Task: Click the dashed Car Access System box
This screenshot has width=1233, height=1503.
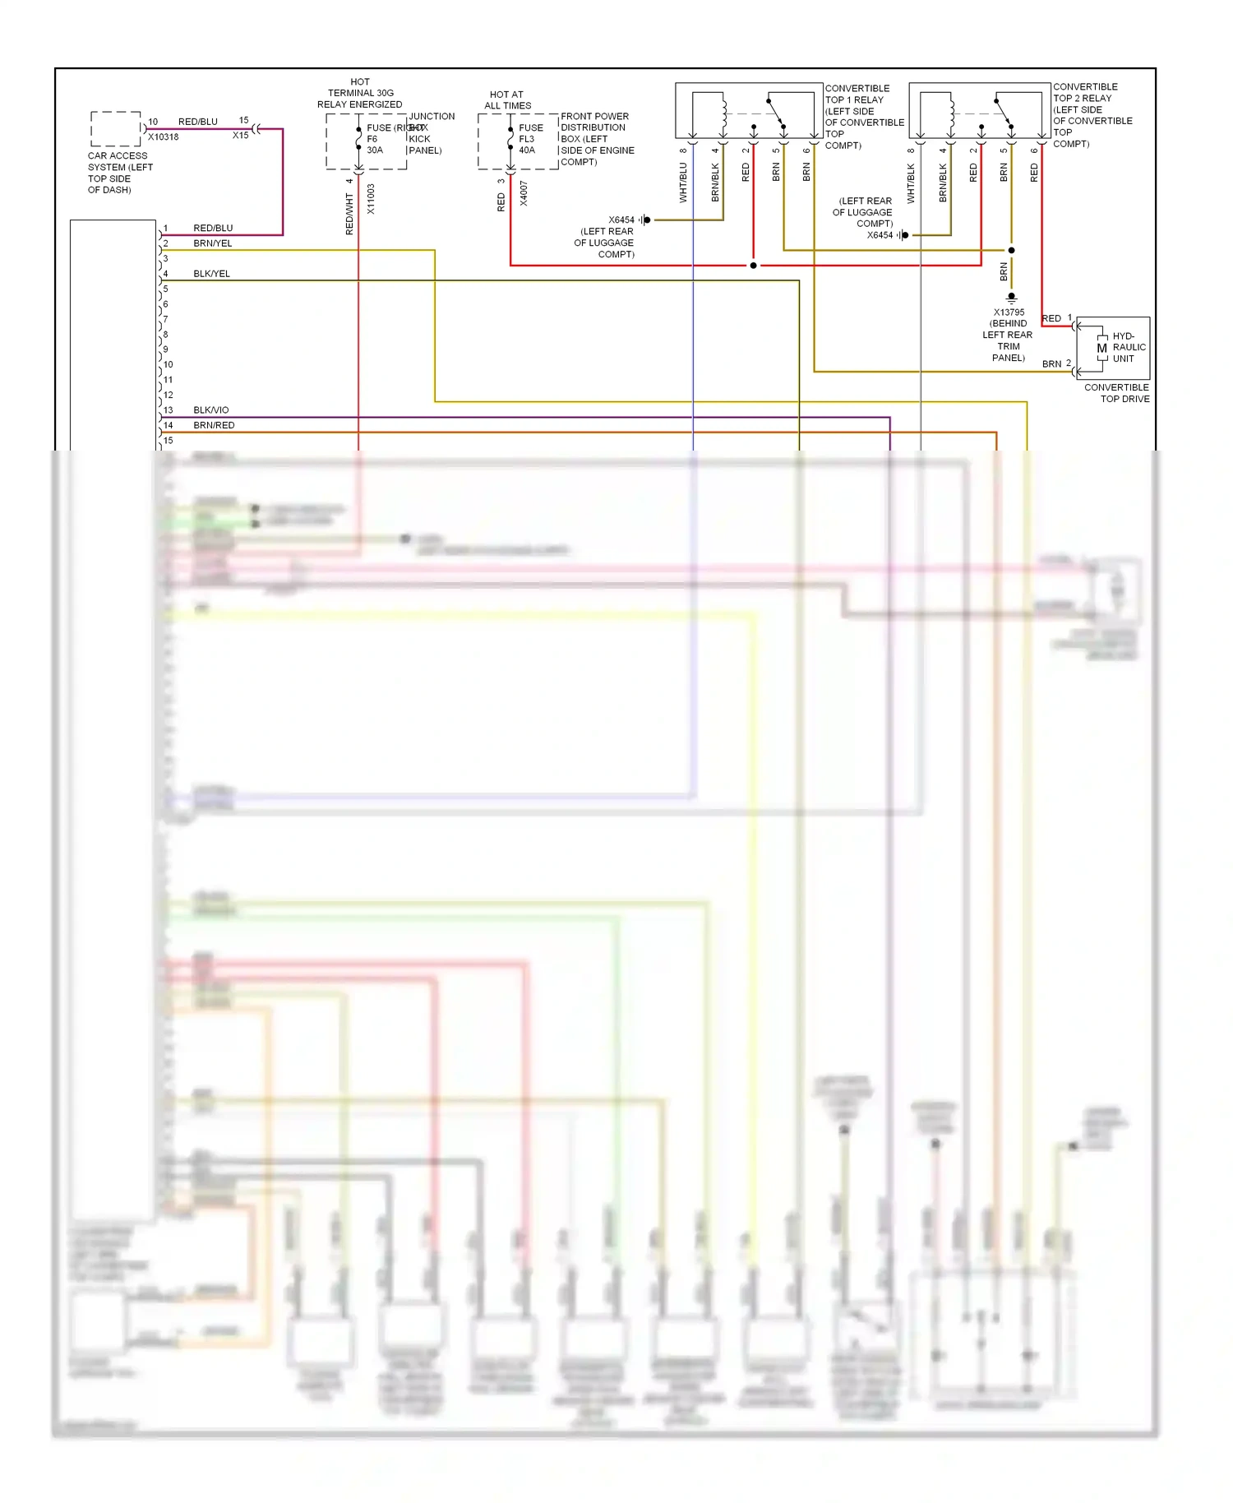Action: click(x=116, y=129)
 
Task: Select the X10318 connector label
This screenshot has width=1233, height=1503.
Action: click(x=164, y=137)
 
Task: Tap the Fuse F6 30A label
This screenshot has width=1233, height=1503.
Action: click(x=376, y=139)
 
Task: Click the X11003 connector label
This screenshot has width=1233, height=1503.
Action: click(x=371, y=199)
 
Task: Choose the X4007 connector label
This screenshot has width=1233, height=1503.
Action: click(x=524, y=194)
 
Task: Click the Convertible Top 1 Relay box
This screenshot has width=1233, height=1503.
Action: click(x=748, y=110)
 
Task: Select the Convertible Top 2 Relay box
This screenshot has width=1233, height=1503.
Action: click(x=979, y=110)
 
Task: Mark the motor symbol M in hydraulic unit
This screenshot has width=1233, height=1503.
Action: click(x=1101, y=348)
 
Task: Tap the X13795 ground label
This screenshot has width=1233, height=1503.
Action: click(x=1009, y=312)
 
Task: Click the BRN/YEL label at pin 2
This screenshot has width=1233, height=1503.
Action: click(x=213, y=243)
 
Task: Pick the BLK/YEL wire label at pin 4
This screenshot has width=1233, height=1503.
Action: click(x=211, y=274)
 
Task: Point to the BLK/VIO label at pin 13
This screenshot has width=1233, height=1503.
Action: click(x=211, y=410)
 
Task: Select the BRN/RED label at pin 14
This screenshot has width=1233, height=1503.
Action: click(x=214, y=425)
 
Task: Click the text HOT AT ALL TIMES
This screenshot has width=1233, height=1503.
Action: click(x=507, y=100)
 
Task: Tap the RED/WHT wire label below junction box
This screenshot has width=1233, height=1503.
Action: click(x=349, y=214)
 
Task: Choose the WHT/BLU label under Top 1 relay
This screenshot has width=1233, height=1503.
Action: click(x=683, y=183)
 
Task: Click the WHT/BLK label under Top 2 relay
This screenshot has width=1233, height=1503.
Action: click(x=911, y=183)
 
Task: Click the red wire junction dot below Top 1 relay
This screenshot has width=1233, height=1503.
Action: click(x=753, y=266)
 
